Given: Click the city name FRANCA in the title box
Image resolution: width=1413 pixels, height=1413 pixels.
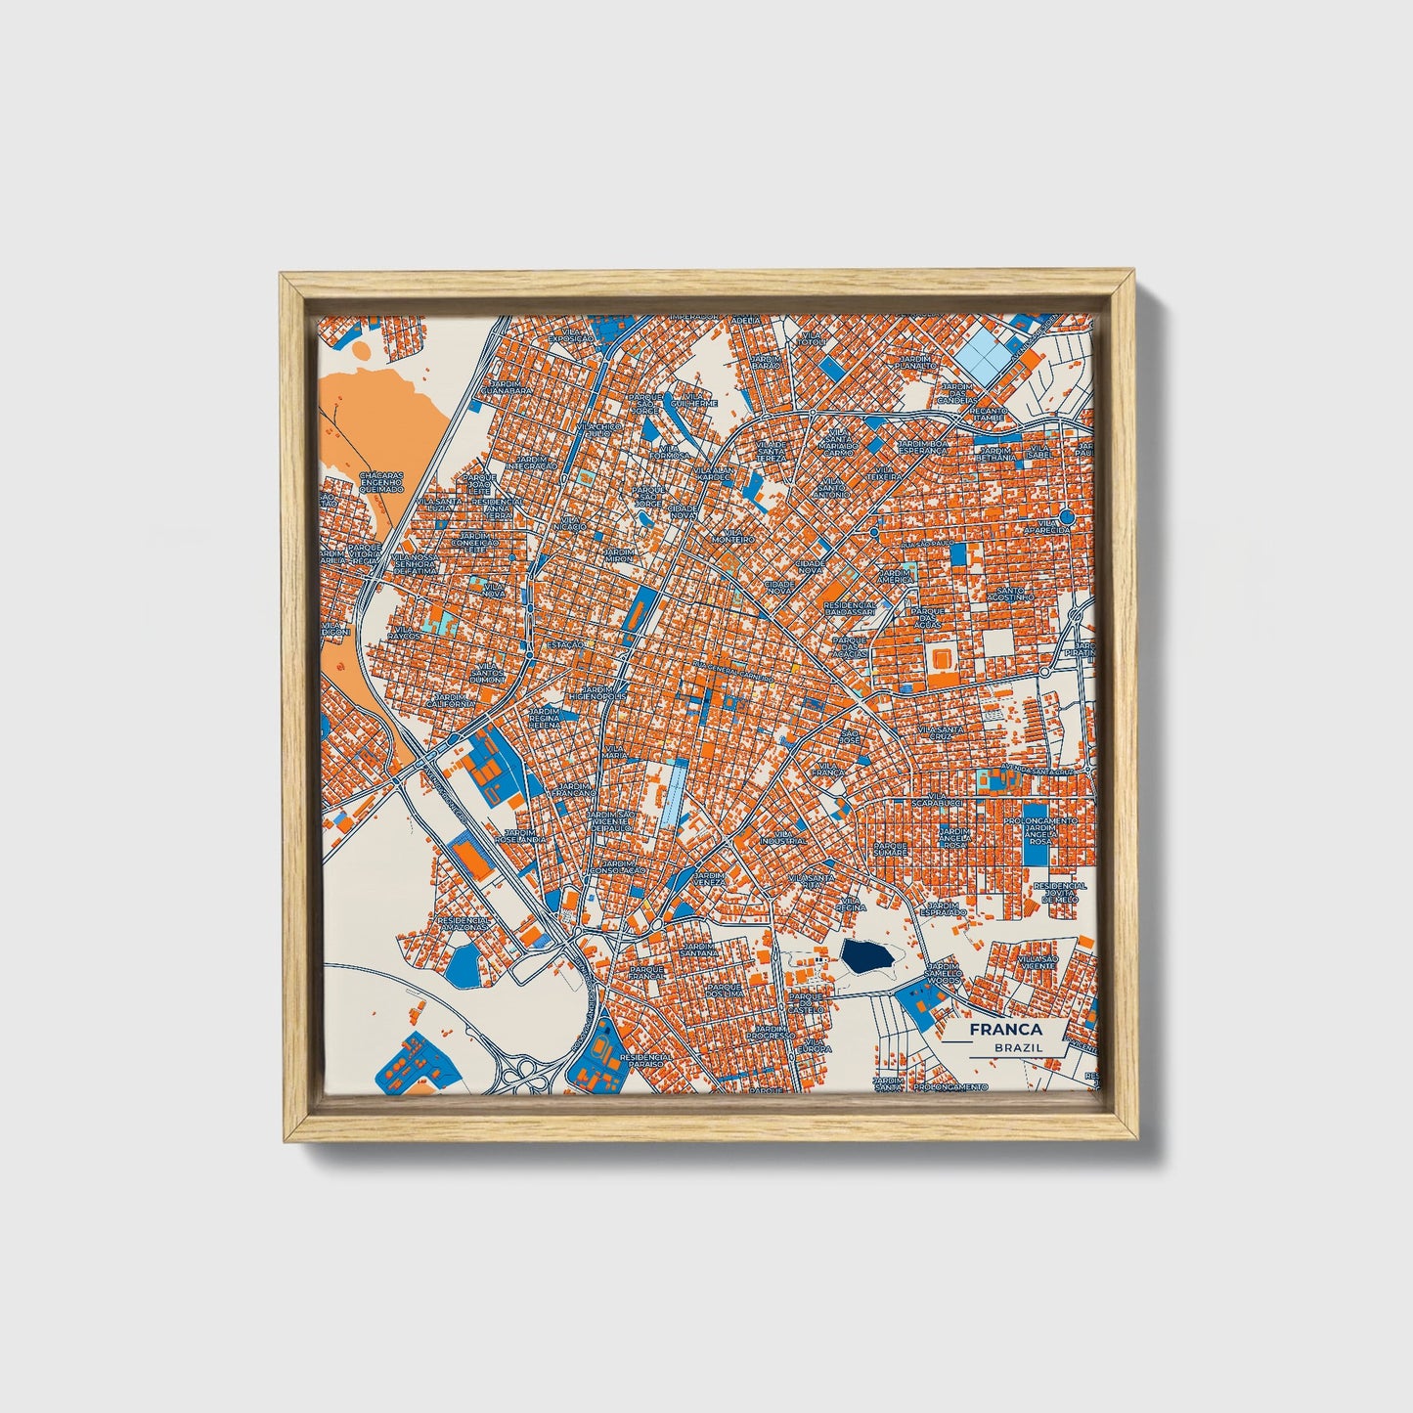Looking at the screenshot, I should (x=1005, y=1029).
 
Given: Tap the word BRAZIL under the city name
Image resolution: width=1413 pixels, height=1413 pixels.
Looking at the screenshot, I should (x=1016, y=1047).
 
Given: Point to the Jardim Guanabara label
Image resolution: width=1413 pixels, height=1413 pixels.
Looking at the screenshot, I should (x=512, y=387).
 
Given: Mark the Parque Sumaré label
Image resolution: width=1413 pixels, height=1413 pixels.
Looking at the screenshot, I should (x=891, y=848).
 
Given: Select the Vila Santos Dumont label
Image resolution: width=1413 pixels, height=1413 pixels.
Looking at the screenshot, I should (x=487, y=672).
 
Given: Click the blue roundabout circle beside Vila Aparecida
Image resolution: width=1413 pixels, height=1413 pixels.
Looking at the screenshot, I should (x=1067, y=516).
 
